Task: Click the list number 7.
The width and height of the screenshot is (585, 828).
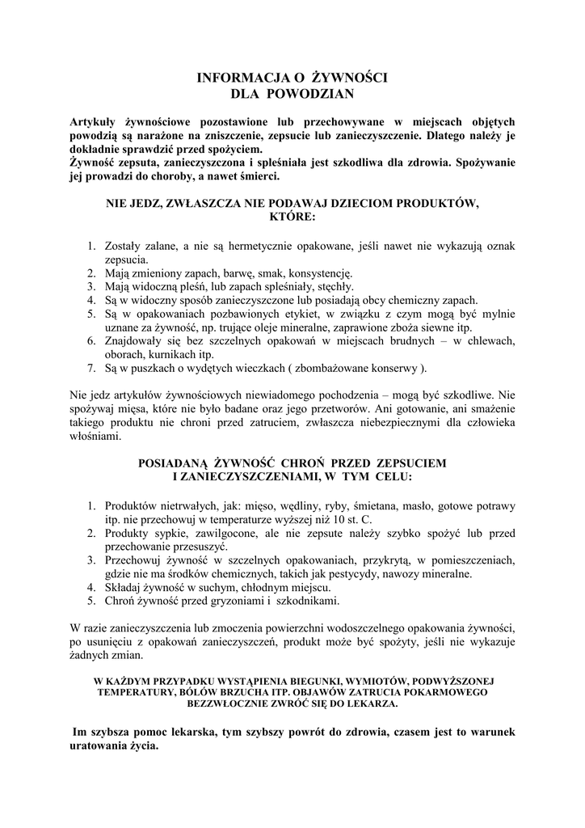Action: (x=90, y=369)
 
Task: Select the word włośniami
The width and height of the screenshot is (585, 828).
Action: (x=96, y=437)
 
